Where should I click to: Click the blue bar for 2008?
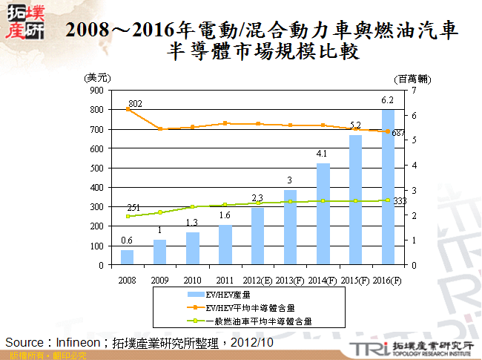[x=128, y=257]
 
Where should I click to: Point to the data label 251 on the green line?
[x=133, y=207]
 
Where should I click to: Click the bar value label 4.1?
[x=322, y=154]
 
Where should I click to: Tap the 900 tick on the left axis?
[x=97, y=90]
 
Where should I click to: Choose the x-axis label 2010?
[x=192, y=280]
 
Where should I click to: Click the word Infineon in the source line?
[x=74, y=342]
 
